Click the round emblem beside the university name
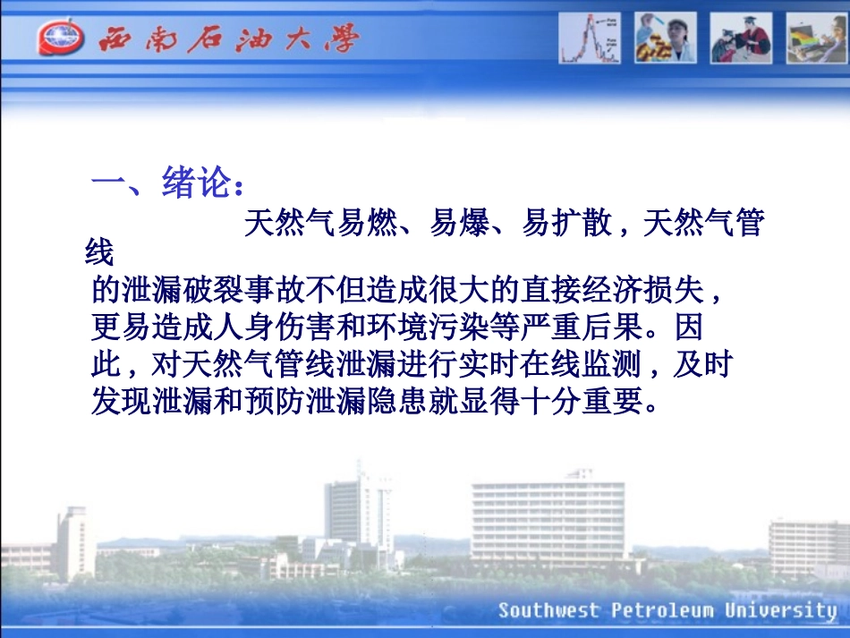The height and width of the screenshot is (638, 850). [x=61, y=39]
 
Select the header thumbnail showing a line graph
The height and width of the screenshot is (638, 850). [x=591, y=38]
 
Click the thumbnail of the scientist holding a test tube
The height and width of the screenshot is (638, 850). [x=665, y=38]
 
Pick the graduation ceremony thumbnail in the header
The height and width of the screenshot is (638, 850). [x=740, y=38]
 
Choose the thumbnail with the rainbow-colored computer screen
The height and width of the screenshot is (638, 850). [x=816, y=38]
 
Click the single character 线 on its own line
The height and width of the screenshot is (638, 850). [x=99, y=255]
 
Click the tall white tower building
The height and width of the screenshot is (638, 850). [x=360, y=510]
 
